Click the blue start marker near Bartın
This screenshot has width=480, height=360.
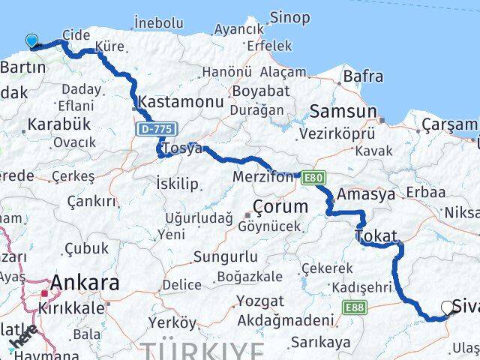pyautogui.click(x=31, y=41)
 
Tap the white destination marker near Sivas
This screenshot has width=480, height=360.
pyautogui.click(x=448, y=307)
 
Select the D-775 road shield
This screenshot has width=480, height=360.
pyautogui.click(x=152, y=130)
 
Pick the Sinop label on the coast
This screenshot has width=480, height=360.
pyautogui.click(x=289, y=17)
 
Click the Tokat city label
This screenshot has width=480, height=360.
pyautogui.click(x=376, y=236)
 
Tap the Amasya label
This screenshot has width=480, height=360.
pyautogui.click(x=366, y=194)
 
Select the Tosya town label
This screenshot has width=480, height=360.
pyautogui.click(x=183, y=148)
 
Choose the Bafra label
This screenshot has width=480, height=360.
pyautogui.click(x=363, y=76)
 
